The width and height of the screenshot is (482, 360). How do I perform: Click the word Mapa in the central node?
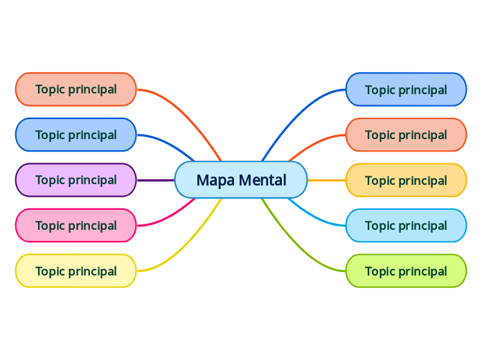211,181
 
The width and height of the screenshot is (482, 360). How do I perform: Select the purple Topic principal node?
75,180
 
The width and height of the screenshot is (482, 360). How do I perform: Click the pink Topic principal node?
75,226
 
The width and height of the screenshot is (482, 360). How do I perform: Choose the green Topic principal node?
406,271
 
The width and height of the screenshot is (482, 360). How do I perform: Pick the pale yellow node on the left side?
75,271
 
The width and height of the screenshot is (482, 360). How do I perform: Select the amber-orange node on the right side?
406,181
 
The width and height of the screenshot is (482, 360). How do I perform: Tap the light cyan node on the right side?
406,226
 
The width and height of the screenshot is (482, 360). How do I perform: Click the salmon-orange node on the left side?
75,89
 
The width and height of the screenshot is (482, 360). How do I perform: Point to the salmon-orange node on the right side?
406,135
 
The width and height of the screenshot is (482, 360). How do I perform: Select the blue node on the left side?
75,135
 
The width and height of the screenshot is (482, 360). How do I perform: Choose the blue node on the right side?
406,89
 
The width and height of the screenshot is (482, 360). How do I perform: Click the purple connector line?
156,180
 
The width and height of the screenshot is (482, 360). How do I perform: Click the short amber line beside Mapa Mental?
326,180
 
